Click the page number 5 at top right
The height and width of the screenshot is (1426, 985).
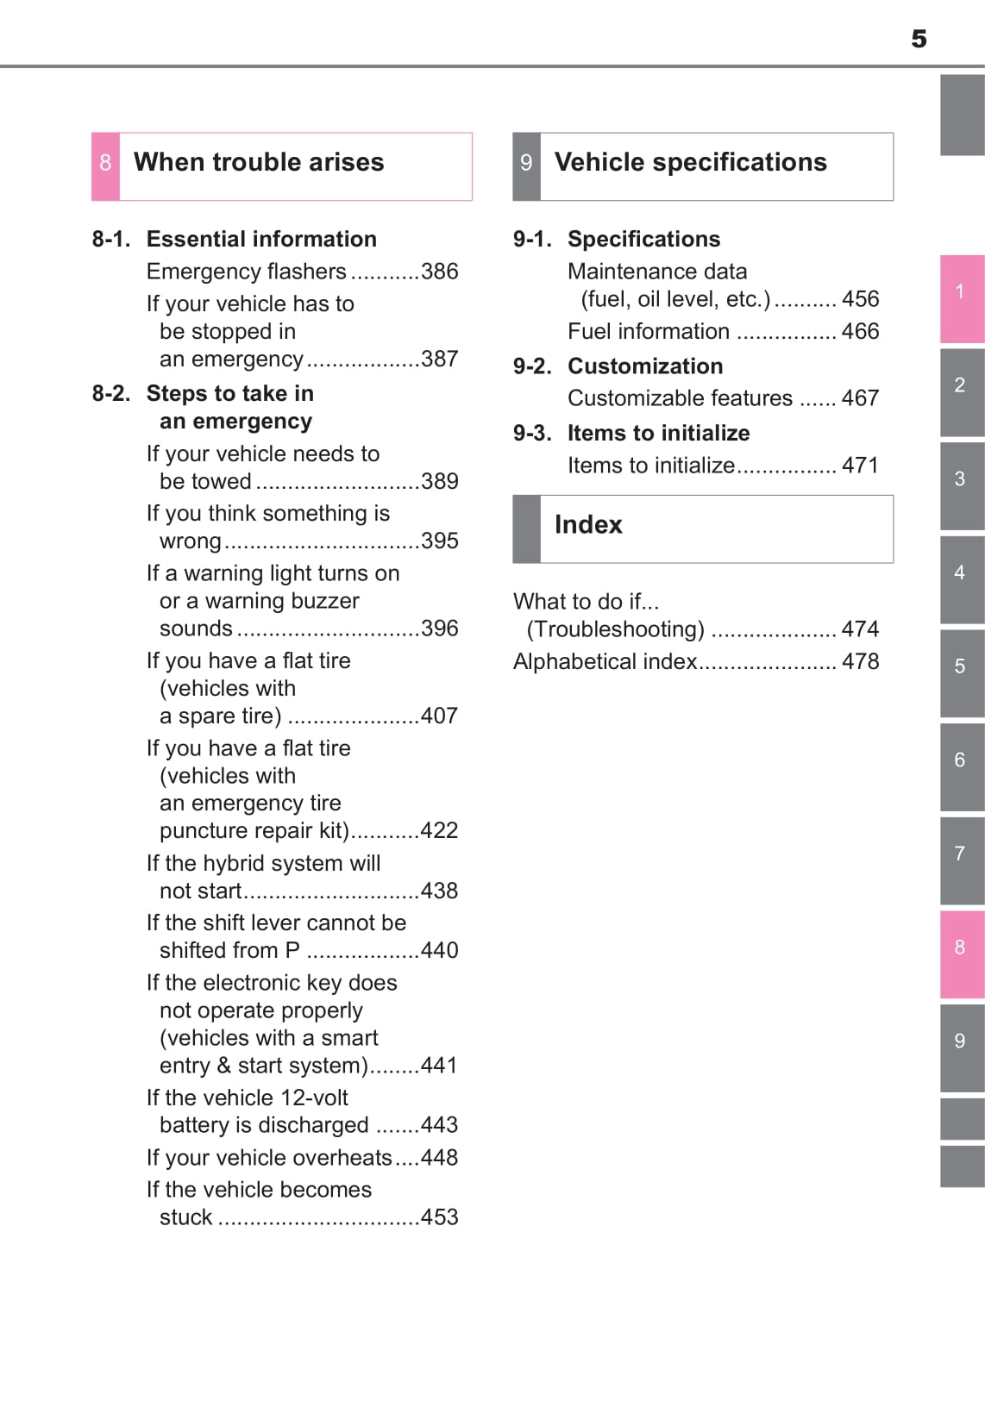click(919, 39)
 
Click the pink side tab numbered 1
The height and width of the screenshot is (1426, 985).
click(961, 293)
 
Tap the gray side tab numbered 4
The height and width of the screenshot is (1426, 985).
click(961, 574)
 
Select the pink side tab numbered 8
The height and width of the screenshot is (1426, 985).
click(961, 949)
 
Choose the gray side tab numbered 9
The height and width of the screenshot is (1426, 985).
click(961, 1042)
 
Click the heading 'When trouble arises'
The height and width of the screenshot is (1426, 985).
click(259, 162)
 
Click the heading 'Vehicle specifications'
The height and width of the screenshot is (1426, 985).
click(690, 162)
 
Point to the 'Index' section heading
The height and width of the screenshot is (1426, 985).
click(588, 524)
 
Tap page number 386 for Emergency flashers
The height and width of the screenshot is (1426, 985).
click(439, 272)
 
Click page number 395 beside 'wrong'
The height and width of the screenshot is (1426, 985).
click(439, 541)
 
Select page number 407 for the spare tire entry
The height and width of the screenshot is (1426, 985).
click(439, 716)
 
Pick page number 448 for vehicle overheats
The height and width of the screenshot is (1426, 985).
click(439, 1157)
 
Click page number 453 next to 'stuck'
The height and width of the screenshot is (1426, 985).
click(439, 1216)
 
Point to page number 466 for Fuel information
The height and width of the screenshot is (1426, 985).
click(860, 331)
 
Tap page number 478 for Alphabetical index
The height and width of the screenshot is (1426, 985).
click(860, 661)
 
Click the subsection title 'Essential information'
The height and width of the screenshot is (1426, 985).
click(261, 239)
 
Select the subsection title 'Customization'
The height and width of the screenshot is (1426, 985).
click(645, 366)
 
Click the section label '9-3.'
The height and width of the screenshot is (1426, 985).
click(532, 433)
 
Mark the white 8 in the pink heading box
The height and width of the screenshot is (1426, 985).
click(105, 163)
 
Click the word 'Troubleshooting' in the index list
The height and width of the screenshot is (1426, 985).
click(615, 629)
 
